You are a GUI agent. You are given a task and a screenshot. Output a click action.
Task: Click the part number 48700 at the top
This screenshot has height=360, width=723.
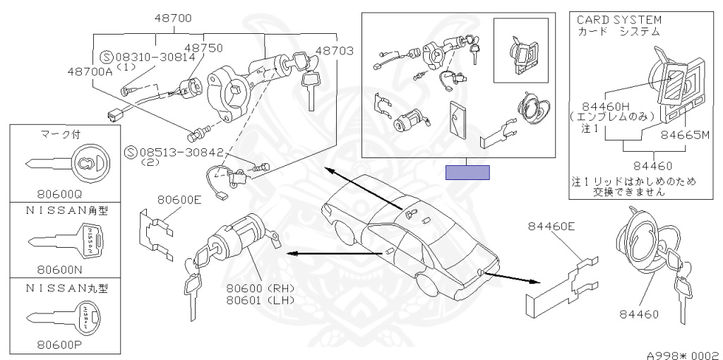tap(174, 19)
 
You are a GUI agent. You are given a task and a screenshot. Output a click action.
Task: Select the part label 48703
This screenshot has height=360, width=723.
tap(335, 51)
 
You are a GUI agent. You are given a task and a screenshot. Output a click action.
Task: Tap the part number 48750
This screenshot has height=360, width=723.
tap(204, 48)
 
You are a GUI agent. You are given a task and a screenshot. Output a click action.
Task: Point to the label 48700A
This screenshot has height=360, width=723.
tap(90, 71)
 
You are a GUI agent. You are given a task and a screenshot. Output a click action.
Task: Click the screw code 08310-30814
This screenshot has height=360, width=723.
tap(155, 56)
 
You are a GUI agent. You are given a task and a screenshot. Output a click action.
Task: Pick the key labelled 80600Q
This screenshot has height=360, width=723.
tap(68, 164)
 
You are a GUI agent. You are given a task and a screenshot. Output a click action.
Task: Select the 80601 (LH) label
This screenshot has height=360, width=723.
tap(261, 300)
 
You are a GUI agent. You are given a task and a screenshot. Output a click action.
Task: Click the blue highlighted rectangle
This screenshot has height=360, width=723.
tap(467, 172)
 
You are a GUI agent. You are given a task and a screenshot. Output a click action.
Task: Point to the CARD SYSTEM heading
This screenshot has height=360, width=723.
tap(619, 20)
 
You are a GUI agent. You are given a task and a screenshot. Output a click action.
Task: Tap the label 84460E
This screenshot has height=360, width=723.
tap(551, 226)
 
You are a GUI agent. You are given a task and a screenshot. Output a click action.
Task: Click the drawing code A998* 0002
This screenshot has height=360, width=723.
tap(685, 355)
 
